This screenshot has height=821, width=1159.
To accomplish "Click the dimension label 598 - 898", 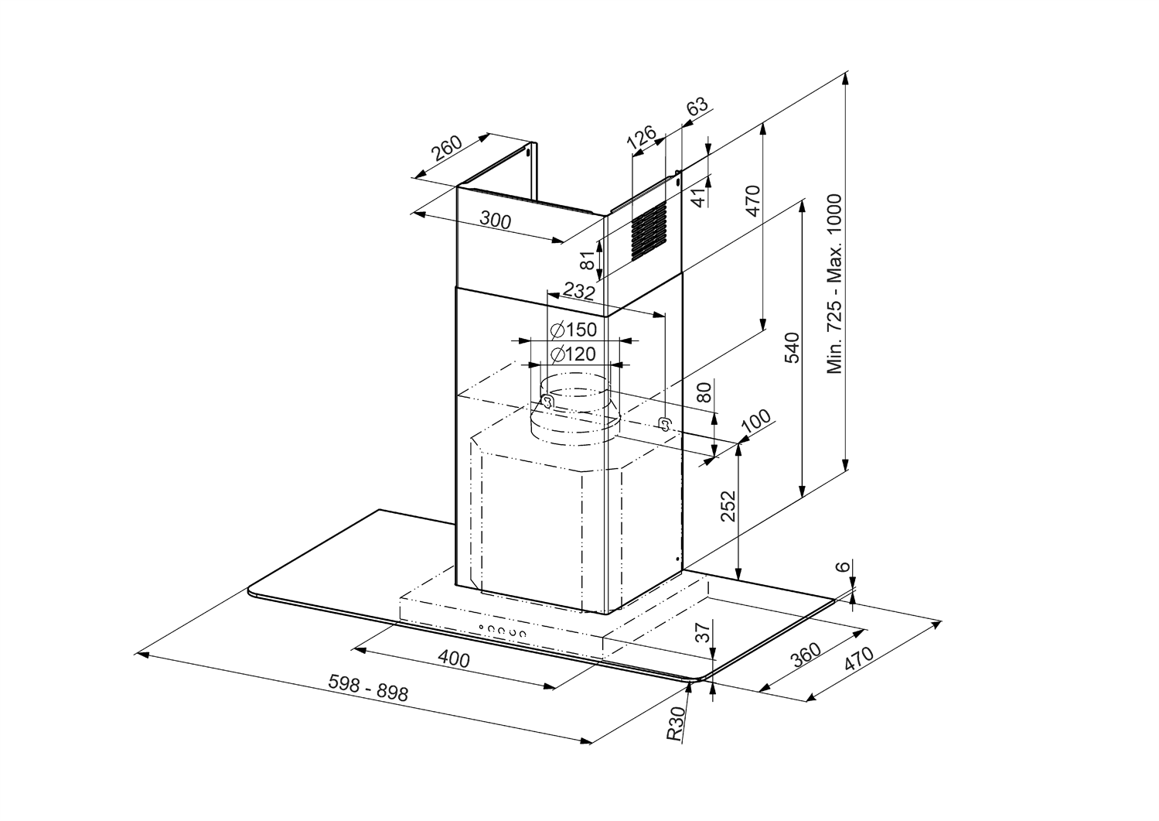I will [x=368, y=687].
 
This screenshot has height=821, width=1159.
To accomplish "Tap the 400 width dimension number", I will [x=454, y=659].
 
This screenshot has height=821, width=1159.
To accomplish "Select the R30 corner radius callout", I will [x=677, y=724].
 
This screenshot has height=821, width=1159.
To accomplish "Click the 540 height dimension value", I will [x=791, y=348].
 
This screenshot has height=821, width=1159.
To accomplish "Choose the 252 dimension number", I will [x=728, y=507].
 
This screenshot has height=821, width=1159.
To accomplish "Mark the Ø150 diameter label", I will [x=573, y=330].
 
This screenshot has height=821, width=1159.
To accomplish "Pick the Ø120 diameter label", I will [x=573, y=354].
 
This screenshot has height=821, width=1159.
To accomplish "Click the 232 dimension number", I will [x=578, y=292].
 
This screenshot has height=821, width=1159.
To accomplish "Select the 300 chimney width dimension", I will [x=495, y=221].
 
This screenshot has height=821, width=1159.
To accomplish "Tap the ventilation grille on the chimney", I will [x=647, y=230].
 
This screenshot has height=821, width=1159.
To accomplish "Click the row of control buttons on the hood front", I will [x=502, y=631].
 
